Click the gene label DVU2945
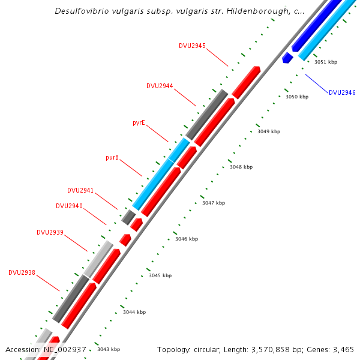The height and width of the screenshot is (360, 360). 192,46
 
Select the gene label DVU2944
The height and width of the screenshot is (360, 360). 160,86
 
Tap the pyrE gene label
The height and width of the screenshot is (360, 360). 139,122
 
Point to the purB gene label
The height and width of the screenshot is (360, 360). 112,157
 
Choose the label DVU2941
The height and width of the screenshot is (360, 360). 80,190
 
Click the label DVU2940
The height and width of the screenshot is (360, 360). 69,206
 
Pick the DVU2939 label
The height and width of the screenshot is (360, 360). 50,232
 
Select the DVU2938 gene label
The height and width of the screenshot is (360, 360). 22,272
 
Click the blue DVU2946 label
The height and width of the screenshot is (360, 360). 342,92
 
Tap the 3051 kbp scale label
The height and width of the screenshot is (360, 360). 326,62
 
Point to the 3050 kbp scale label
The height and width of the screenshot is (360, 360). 296,97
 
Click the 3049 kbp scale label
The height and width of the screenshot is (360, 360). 269,131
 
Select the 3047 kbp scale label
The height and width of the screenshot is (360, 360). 214,203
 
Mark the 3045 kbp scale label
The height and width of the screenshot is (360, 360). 160,275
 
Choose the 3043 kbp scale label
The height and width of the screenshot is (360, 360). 109,349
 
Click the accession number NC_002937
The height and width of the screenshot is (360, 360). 65,349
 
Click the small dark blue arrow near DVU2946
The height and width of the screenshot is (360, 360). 287,58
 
